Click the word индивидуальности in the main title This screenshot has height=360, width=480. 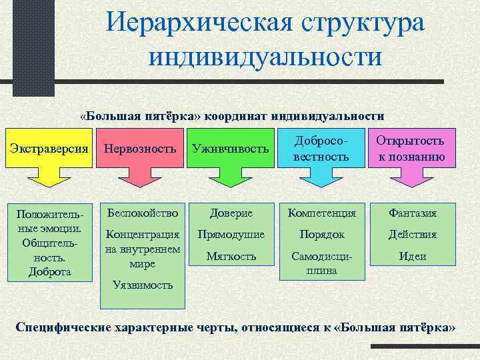click(265, 56)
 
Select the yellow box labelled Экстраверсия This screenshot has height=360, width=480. click(51, 147)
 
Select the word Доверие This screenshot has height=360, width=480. click(231, 213)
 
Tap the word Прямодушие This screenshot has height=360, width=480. click(231, 235)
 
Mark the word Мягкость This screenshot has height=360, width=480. click(231, 255)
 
